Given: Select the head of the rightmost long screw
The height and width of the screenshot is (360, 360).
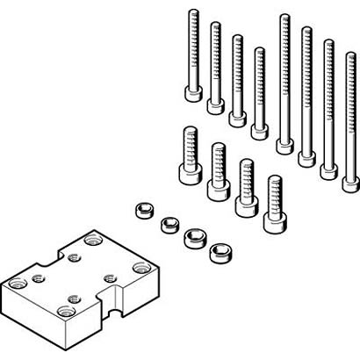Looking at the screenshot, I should pos(350,184).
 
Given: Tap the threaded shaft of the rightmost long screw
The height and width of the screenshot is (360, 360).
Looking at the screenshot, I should pos(350,114).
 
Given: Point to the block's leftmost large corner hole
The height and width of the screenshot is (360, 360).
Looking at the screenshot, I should pos(15,283).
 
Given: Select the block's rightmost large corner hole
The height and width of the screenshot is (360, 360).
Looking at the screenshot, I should pos(140,269).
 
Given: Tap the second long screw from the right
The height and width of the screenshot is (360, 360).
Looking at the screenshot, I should pos(328,105).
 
